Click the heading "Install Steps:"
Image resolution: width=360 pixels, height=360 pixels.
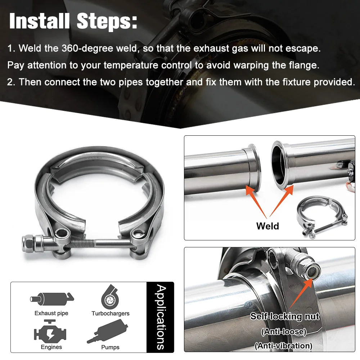73,21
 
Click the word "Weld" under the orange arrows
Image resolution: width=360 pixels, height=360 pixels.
267,226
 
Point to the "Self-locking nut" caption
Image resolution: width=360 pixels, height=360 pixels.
285,316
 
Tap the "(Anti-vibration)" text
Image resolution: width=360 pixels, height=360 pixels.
284,346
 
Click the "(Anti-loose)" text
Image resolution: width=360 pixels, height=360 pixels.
284,332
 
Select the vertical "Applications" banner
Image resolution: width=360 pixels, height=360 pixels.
161,317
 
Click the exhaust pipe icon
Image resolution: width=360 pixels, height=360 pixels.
52,299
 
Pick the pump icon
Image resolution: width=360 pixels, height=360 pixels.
107,331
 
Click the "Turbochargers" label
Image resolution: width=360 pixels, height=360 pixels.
111,314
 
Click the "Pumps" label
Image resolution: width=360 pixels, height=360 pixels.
110,347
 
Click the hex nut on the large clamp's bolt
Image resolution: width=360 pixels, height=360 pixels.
28,244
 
